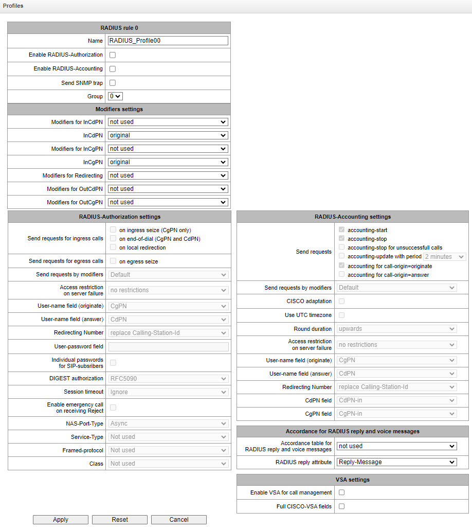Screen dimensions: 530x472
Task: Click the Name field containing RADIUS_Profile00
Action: (168, 41)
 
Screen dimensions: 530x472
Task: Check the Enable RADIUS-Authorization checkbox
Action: (113, 55)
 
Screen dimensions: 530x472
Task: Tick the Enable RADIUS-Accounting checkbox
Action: (113, 69)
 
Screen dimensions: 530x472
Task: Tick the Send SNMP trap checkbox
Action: (113, 83)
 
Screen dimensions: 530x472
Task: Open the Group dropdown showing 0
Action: (115, 96)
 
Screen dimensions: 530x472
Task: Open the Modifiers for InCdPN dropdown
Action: (168, 122)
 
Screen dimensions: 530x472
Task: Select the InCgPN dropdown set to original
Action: (168, 162)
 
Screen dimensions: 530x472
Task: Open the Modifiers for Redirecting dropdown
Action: (168, 175)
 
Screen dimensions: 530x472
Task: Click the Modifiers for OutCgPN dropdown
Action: (168, 202)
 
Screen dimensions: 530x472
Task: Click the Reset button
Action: (120, 520)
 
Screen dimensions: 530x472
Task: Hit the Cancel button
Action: (179, 520)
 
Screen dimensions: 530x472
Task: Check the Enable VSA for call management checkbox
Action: (341, 493)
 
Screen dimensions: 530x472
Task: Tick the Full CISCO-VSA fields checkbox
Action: (341, 506)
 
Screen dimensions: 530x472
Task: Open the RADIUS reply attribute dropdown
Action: (397, 462)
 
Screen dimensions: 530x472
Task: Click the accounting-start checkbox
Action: (342, 230)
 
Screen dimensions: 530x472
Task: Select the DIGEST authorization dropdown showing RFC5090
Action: (168, 379)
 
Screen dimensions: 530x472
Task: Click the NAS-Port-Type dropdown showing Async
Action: (168, 423)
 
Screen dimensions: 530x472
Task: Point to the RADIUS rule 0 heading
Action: (119, 28)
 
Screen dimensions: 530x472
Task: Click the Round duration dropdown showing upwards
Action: (397, 329)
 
